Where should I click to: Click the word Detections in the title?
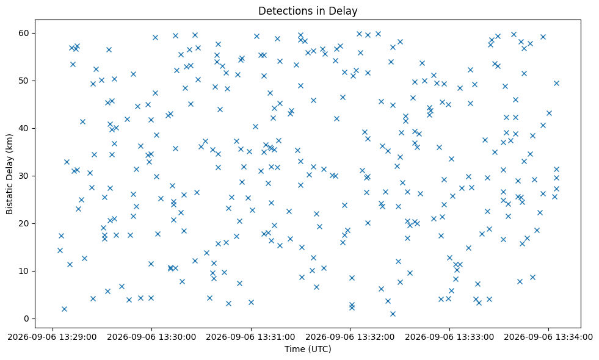281,11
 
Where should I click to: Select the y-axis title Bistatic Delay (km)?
9,174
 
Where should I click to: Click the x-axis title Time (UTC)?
308,349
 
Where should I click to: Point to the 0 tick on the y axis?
27,319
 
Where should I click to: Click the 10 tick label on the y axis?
24,271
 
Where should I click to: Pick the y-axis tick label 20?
24,223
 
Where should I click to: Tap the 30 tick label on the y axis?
24,176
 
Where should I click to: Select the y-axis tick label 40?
24,128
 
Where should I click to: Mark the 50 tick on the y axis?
24,81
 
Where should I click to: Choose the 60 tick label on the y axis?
24,33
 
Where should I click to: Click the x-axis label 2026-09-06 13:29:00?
52,337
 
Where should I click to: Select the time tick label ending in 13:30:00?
151,337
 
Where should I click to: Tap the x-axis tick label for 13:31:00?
250,337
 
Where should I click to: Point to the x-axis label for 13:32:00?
350,337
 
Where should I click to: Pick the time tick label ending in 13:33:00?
449,337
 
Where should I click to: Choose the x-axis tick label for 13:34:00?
548,337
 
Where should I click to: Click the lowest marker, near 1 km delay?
393,314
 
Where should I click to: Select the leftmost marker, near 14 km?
60,250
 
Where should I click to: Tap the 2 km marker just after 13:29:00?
64,309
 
